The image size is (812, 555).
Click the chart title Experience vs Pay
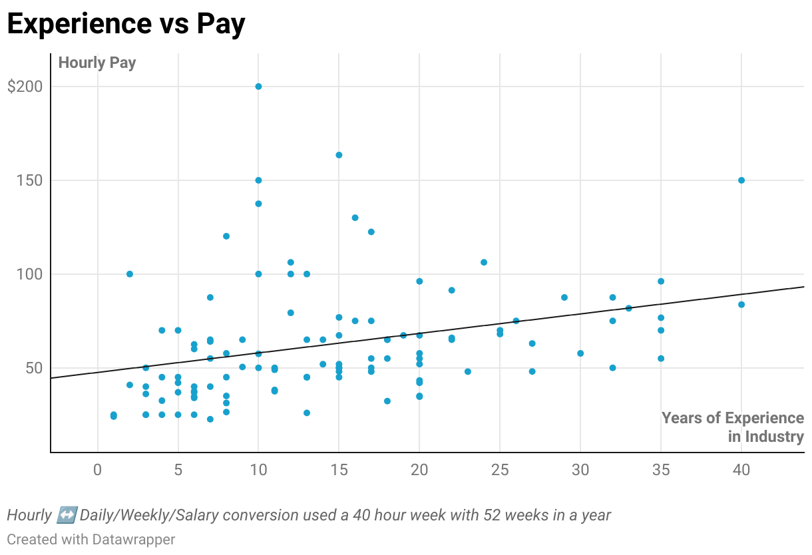pyautogui.click(x=126, y=24)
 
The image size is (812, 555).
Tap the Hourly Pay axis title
pyautogui.click(x=97, y=63)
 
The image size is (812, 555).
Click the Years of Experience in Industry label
pyautogui.click(x=732, y=427)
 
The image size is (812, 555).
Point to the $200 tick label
pyautogui.click(x=25, y=87)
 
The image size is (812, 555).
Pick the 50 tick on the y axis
pyautogui.click(x=32, y=368)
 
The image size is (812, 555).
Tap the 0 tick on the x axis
pyautogui.click(x=98, y=470)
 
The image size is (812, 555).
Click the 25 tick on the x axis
pyautogui.click(x=500, y=470)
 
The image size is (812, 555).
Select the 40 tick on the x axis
pyautogui.click(x=741, y=470)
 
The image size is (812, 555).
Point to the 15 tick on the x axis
pyautogui.click(x=339, y=470)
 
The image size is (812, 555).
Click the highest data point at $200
pyautogui.click(x=258, y=87)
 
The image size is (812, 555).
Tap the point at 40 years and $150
pyautogui.click(x=741, y=180)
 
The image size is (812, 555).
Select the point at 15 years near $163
pyautogui.click(x=339, y=155)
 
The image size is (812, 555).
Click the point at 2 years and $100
pyautogui.click(x=130, y=274)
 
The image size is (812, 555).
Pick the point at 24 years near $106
pyautogui.click(x=484, y=262)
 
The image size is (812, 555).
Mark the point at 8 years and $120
pyautogui.click(x=226, y=236)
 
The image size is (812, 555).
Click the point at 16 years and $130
pyautogui.click(x=355, y=218)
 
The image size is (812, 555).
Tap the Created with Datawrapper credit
pyautogui.click(x=91, y=539)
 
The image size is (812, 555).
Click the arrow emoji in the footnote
pyautogui.click(x=67, y=515)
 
